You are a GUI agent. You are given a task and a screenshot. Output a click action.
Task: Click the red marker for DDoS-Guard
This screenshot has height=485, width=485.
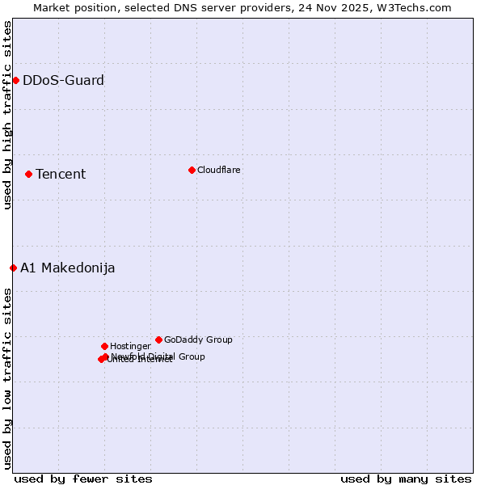click(x=15, y=80)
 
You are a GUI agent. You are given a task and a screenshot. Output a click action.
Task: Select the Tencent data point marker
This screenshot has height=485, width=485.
click(x=28, y=174)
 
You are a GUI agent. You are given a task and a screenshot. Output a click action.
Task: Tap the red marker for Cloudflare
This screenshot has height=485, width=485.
click(x=192, y=170)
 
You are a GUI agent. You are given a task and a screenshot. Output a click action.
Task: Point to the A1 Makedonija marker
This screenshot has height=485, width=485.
click(x=13, y=268)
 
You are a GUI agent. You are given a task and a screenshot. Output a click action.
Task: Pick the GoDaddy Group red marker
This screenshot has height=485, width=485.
click(x=158, y=339)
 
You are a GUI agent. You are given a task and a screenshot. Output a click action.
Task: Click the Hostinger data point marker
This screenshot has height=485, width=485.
click(x=104, y=346)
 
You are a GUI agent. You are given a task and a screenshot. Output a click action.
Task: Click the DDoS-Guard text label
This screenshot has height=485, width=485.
click(x=63, y=80)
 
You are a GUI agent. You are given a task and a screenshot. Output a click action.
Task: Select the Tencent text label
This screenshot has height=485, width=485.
click(x=61, y=174)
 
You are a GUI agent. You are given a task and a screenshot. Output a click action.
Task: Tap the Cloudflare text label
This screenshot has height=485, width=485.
click(x=218, y=170)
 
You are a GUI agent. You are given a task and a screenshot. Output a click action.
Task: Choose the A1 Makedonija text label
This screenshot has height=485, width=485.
click(x=67, y=268)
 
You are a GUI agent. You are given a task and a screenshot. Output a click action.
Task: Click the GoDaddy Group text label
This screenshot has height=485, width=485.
click(x=198, y=339)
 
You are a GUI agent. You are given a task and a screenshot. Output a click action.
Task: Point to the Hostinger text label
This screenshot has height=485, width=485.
click(x=130, y=346)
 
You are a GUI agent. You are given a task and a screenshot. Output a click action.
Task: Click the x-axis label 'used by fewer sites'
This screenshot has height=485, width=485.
click(x=83, y=479)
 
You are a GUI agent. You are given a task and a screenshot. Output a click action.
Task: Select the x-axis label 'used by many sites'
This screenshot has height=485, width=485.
click(x=406, y=479)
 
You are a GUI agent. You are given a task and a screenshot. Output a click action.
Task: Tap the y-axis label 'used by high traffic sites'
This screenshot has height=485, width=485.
click(x=8, y=116)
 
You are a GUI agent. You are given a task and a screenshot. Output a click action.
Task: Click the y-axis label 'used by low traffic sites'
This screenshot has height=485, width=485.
click(x=8, y=377)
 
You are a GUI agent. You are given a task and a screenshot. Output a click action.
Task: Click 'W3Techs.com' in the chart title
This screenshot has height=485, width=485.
click(x=417, y=7)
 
